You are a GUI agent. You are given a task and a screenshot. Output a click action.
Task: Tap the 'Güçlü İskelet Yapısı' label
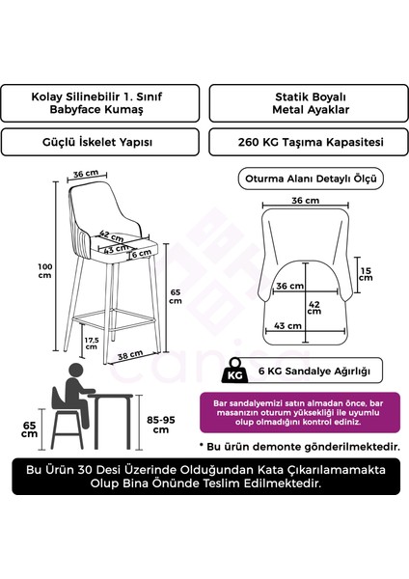101,142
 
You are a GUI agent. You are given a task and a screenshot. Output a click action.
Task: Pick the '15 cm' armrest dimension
365,271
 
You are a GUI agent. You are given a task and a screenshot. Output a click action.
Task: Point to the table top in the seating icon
121,403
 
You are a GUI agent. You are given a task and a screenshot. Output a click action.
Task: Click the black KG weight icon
233,369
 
